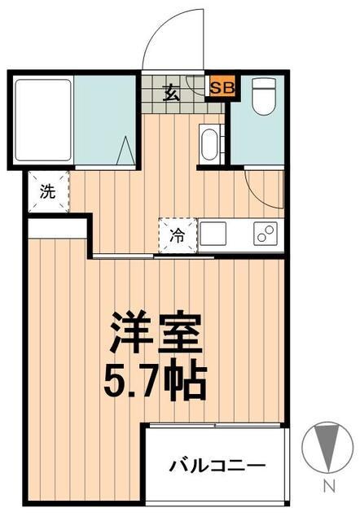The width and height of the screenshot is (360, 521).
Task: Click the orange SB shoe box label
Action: pos(219,87)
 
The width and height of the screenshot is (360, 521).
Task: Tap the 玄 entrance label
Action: pos(173,91)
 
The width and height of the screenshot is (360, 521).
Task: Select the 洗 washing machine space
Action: pos(48,192)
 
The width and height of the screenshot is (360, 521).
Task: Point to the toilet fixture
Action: pos(262,99)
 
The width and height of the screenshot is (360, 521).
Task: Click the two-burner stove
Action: pos(265,234)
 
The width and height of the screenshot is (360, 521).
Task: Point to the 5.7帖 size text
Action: pos(155,379)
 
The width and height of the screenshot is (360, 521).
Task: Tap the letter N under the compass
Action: pos(329,488)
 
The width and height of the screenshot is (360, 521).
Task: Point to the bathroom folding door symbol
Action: pos(125,150)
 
